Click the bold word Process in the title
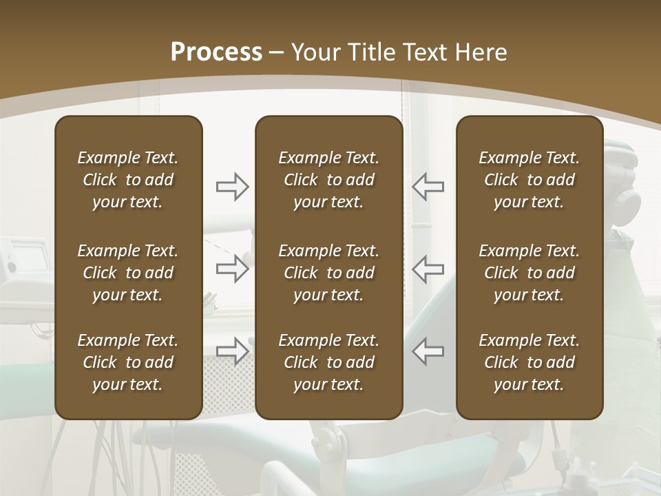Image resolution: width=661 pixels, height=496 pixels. point(216,52)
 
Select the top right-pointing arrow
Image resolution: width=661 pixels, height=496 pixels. point(233,187)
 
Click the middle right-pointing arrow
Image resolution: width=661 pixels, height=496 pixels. point(233,268)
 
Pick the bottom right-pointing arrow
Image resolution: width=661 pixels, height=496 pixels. point(233,351)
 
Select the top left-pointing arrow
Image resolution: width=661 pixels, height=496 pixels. point(428,187)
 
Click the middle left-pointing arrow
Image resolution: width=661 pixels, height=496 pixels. point(428,268)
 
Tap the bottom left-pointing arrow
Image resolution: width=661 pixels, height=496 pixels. point(428,351)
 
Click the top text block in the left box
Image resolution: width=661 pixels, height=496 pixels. point(128,180)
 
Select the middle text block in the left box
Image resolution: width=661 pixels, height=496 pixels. point(128,273)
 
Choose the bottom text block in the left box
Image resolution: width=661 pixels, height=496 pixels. point(128,362)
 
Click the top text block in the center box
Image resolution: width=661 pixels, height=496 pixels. point(328,180)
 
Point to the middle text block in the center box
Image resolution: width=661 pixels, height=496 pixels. point(328,273)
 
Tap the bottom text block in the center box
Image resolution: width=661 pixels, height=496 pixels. point(328,362)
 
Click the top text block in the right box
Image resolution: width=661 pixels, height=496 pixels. point(529,180)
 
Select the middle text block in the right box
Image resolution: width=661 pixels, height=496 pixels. point(529,273)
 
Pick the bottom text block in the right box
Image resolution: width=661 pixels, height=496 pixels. point(529,362)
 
